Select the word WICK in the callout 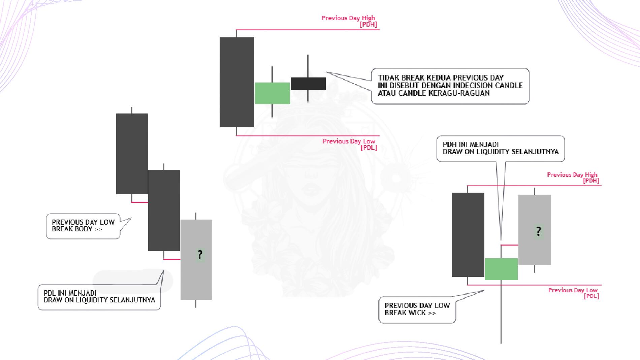click(x=417, y=313)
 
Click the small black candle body click(x=308, y=84)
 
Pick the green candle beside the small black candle click(x=272, y=93)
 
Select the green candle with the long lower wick click(x=501, y=269)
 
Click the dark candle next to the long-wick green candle click(x=468, y=235)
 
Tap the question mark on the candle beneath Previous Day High click(x=539, y=231)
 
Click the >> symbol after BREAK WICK click(x=432, y=313)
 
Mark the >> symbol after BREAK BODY click(x=98, y=229)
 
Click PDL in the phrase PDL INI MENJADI click(x=50, y=293)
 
